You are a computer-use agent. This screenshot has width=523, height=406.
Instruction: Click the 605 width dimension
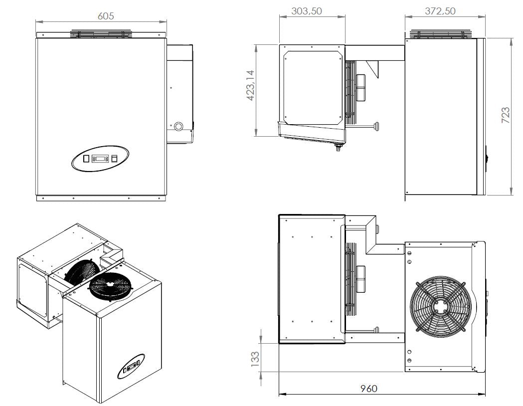[x=105, y=16]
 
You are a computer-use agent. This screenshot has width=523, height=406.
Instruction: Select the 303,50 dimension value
[x=306, y=11]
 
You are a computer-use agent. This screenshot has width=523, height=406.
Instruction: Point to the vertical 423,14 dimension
[x=251, y=85]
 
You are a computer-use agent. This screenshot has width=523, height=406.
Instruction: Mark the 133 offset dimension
[x=255, y=357]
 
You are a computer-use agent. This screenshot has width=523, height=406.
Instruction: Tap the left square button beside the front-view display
[x=86, y=159]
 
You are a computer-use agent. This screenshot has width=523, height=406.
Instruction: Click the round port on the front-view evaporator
[x=177, y=126]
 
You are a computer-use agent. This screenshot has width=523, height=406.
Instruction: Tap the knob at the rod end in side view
[x=377, y=126]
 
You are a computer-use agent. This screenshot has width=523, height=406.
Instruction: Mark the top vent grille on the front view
[x=102, y=34]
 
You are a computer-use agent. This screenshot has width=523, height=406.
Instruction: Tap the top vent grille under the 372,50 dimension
[x=440, y=34]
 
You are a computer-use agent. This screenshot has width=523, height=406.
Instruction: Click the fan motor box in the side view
[x=361, y=88]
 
